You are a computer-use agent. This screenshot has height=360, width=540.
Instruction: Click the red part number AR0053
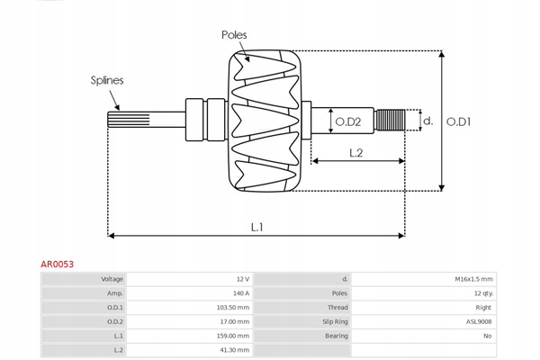coord(57,265)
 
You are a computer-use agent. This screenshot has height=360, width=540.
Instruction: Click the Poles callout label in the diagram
coord(234,35)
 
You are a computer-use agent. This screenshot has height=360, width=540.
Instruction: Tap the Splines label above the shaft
coord(106,80)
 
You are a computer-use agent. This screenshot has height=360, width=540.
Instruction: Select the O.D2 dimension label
coord(347,121)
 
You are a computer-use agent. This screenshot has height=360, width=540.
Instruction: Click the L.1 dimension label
coord(256,227)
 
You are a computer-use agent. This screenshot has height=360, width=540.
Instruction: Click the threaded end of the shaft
coord(389,121)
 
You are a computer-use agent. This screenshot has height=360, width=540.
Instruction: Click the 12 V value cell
coord(242,279)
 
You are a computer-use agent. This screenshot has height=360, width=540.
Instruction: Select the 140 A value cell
coord(239,293)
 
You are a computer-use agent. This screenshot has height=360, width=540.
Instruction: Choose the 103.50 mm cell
coord(233,307)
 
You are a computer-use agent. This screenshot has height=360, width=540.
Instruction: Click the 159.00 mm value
coord(233,335)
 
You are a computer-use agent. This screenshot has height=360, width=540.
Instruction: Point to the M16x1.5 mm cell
coord(473,279)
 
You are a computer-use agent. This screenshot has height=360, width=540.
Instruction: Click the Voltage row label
coord(112,279)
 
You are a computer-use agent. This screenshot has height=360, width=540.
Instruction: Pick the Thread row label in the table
coord(337,307)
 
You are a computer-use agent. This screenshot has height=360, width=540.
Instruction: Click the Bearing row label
coord(336,335)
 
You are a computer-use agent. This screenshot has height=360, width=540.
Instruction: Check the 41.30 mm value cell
coord(235,349)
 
